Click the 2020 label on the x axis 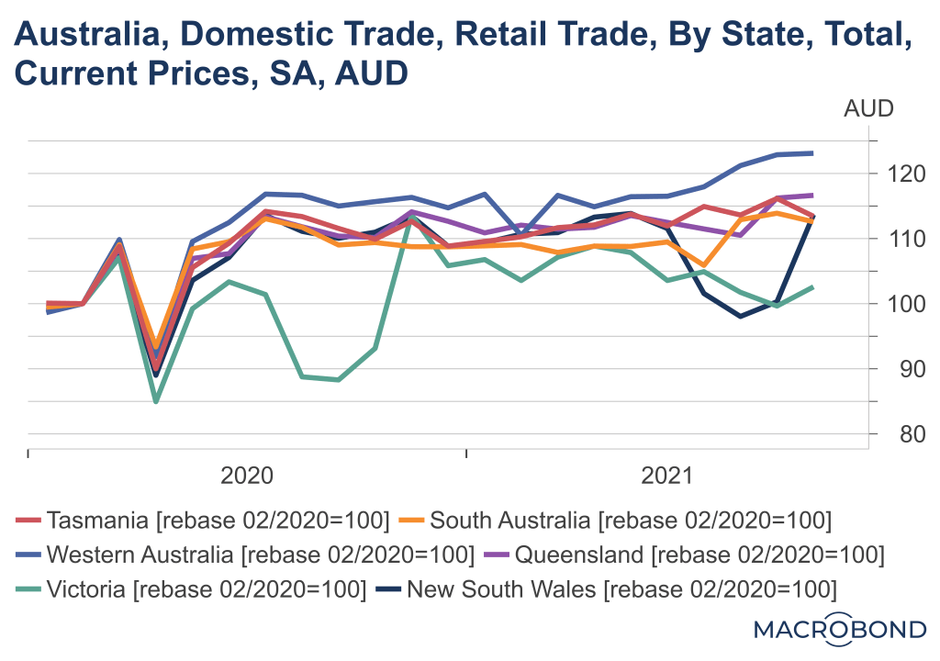pos(247,476)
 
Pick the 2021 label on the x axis pos(667,476)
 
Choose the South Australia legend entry pos(617,521)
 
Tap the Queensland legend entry pos(686,554)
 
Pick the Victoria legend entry pos(193,587)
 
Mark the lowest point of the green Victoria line pos(156,401)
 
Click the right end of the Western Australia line pos(812,153)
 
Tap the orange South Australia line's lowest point pos(156,342)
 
